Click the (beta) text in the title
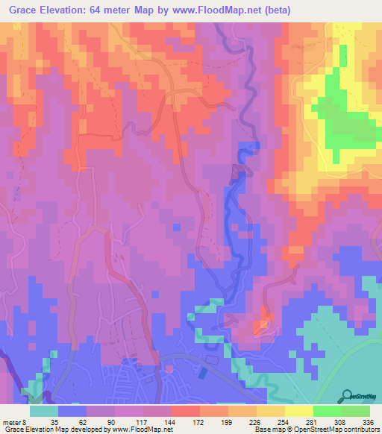coord(275,10)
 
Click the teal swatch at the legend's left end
coord(44,411)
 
